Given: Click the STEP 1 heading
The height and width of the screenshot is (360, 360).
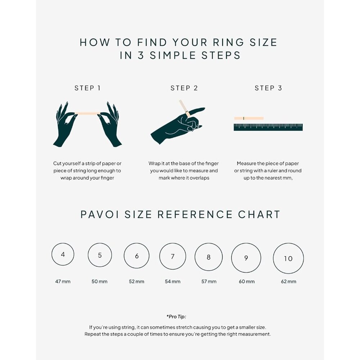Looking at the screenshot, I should (87, 88).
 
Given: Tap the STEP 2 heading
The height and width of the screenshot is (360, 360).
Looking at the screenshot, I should (184, 88).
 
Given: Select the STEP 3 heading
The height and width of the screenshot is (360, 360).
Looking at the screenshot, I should (268, 88).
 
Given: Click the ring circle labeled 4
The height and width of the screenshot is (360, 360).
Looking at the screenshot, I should (63, 255).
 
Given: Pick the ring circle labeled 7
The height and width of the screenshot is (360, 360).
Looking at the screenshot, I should (173, 256).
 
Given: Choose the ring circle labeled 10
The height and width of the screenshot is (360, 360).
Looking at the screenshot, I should (288, 258).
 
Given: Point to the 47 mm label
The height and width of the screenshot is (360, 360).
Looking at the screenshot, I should (63, 281).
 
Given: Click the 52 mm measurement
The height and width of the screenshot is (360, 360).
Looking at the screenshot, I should (136, 281).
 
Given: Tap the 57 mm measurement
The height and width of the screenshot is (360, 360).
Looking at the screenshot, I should (209, 281).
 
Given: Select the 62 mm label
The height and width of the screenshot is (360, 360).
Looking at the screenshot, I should (288, 281).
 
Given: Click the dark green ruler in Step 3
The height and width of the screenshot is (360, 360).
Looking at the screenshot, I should (268, 127).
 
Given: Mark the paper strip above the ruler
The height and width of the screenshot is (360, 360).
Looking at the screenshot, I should (249, 118).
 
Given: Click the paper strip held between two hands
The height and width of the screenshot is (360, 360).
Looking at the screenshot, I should (87, 113).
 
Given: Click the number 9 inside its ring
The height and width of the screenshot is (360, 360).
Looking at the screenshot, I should (246, 258).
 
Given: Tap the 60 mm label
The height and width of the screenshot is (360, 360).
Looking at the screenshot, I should (247, 281).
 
